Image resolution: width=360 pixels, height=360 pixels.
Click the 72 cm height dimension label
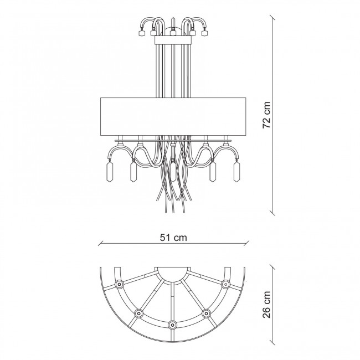click(267, 115)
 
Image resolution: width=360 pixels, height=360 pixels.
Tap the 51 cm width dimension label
click(173, 238)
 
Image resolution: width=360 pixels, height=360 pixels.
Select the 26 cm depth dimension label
click(267, 305)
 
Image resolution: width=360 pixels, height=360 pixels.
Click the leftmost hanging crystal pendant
click(110, 171)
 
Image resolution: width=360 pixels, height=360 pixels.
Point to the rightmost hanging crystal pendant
click(236, 171)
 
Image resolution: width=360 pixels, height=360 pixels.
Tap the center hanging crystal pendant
click(173, 171)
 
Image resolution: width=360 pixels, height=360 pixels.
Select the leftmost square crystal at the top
click(141, 33)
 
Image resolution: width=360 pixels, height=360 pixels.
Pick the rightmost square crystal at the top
click(204, 33)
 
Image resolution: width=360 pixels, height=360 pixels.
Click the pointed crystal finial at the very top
click(173, 23)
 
